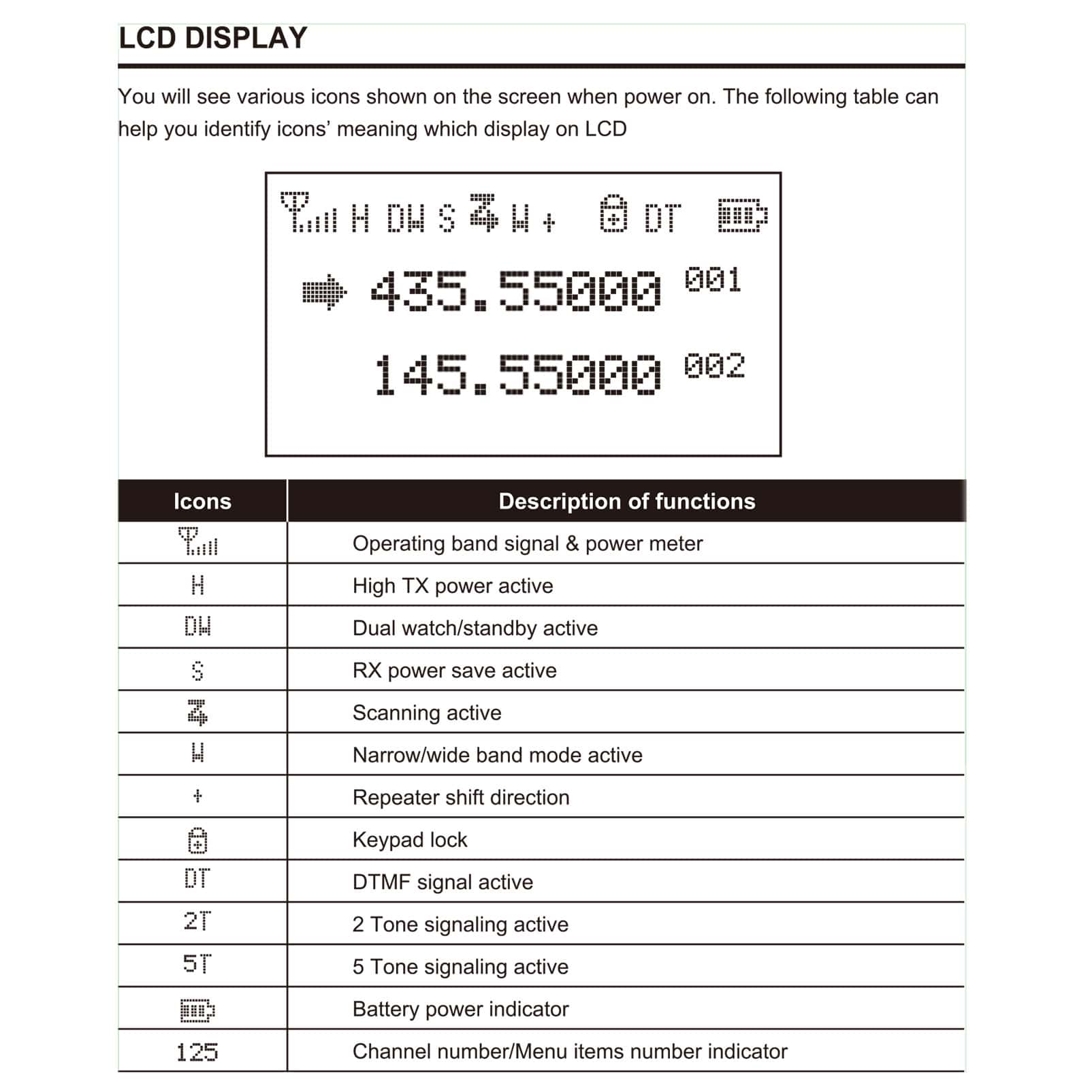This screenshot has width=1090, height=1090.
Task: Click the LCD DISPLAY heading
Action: click(213, 38)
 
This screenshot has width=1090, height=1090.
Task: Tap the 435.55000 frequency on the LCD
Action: click(515, 291)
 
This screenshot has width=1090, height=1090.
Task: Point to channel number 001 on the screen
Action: click(713, 280)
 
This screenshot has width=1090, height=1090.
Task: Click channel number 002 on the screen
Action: click(714, 366)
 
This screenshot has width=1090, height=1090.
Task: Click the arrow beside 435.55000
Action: click(324, 293)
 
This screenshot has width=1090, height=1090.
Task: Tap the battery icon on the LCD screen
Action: click(743, 216)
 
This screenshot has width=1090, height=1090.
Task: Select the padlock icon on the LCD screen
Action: click(613, 214)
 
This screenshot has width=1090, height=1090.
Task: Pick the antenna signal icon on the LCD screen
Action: click(308, 212)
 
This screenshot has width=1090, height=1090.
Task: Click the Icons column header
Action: click(202, 502)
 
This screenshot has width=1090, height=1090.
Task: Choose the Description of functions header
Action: click(626, 502)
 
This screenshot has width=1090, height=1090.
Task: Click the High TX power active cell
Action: click(453, 586)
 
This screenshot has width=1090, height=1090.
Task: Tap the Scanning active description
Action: click(427, 713)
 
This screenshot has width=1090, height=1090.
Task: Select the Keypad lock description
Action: click(410, 840)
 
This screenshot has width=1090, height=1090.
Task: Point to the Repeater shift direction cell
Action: click(461, 797)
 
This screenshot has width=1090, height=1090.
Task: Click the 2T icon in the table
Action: click(197, 922)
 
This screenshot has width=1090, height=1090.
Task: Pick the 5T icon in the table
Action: click(197, 964)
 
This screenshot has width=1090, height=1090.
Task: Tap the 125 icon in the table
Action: click(197, 1053)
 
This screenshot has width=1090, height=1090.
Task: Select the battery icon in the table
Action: click(197, 1010)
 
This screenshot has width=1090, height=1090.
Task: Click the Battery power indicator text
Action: click(460, 1009)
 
